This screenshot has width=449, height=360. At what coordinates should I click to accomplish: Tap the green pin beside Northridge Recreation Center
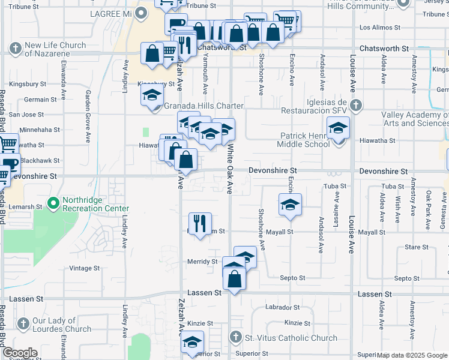pos(53,204)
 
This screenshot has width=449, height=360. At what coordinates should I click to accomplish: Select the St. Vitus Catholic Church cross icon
pos(236,338)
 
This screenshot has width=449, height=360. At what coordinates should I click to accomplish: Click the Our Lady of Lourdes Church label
pos(62,325)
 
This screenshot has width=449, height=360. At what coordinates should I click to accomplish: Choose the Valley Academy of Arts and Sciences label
pos(415,119)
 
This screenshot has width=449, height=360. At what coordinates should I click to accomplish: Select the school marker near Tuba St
pos(290,205)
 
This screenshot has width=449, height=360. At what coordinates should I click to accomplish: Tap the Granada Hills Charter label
pos(204,106)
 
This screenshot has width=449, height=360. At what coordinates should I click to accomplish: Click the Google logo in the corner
pos(20,353)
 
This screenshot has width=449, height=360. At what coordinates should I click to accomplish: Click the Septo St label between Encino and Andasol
pos(292,278)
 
